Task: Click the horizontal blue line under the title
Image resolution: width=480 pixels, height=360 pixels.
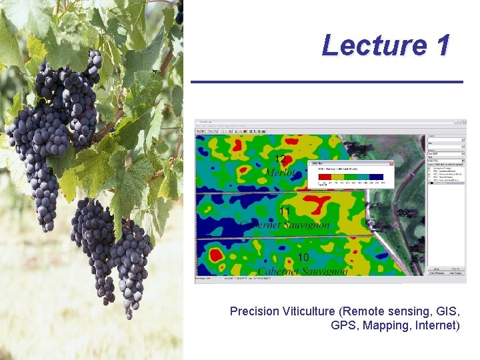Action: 327,82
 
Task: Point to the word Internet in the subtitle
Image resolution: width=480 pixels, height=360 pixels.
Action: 436,325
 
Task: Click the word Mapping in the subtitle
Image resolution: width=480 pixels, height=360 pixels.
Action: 385,325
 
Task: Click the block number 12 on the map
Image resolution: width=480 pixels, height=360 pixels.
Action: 281,159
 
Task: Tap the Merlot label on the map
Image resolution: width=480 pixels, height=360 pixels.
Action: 281,173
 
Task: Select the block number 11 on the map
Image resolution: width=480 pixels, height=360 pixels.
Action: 285,211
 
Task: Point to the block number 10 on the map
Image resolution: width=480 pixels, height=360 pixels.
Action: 303,257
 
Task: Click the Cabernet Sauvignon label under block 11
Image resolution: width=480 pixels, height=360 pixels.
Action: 285,225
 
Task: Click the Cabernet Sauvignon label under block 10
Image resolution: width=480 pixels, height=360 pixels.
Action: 303,271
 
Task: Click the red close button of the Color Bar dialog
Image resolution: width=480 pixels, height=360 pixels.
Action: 391,163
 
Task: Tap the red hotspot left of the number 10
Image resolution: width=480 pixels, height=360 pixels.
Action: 215,254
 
